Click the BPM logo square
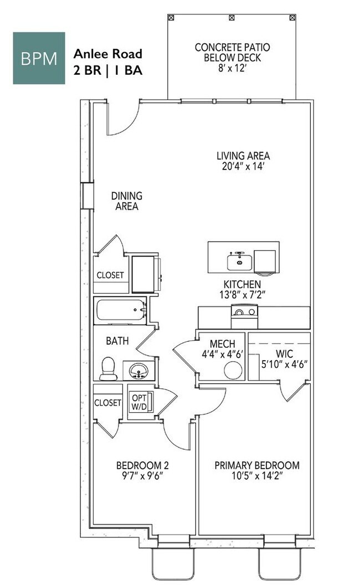tap(39, 58)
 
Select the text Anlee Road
tap(108, 54)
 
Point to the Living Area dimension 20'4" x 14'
tap(243, 166)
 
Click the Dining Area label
tap(127, 201)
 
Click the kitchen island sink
tap(239, 261)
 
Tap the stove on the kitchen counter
tap(244, 318)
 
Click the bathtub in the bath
tap(120, 311)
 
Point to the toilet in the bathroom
tap(109, 368)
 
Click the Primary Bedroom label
tap(257, 465)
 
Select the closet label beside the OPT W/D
tap(107, 403)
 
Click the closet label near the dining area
tap(110, 275)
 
